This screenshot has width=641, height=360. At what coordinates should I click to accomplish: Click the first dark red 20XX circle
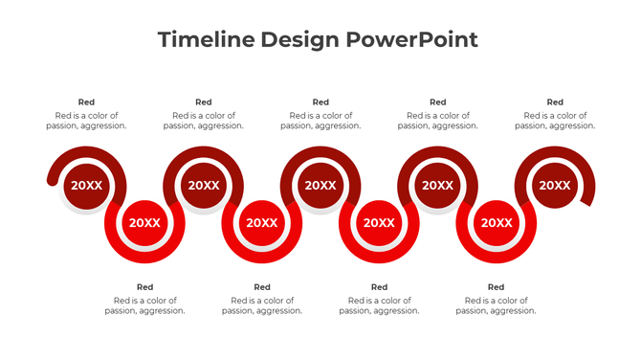(86, 186)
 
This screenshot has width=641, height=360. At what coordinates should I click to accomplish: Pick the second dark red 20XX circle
(203, 186)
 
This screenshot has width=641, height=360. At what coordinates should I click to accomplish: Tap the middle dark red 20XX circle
(320, 186)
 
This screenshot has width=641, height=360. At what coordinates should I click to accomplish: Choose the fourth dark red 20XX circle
(437, 186)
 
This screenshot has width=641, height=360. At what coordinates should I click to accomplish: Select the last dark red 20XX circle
(554, 186)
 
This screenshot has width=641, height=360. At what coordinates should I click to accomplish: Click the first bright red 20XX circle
(144, 223)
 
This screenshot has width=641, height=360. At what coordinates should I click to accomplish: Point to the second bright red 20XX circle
(262, 223)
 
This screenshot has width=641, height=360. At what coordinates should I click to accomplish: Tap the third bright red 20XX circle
(379, 223)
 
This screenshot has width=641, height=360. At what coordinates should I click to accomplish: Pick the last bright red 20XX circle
(496, 223)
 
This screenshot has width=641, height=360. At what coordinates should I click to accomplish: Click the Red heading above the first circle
(86, 102)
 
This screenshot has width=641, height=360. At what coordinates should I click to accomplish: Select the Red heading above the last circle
(555, 102)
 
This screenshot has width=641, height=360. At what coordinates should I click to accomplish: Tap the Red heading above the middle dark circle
(320, 102)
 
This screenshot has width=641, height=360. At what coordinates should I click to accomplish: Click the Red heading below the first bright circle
(144, 287)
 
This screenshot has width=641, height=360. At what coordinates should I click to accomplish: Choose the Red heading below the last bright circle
(496, 287)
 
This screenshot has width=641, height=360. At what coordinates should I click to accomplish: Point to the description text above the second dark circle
(203, 121)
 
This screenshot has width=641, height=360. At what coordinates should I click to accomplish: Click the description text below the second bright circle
(262, 305)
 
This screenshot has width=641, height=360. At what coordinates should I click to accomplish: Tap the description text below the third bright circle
(379, 305)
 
